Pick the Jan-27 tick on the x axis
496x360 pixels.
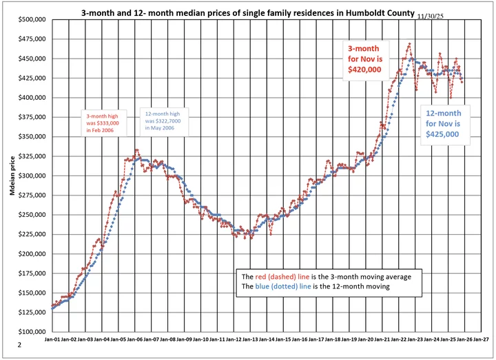click(x=481, y=339)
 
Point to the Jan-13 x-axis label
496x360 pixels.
click(x=250, y=339)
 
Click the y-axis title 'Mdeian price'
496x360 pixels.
click(x=12, y=176)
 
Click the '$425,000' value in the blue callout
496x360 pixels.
click(x=444, y=134)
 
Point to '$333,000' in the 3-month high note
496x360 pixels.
click(x=101, y=124)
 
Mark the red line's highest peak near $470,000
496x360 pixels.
click(x=409, y=44)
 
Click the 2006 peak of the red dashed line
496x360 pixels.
click(x=137, y=149)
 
